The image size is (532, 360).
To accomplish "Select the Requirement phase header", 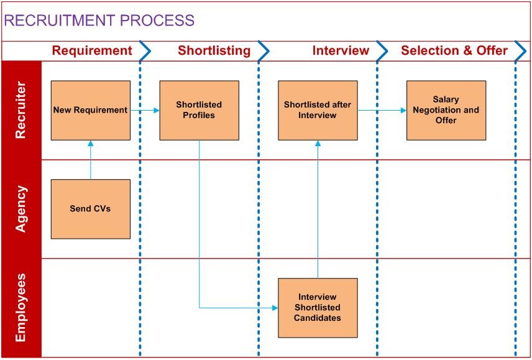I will [92, 51].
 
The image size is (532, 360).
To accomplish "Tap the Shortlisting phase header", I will [214, 51].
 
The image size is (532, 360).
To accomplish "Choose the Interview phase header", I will [341, 51].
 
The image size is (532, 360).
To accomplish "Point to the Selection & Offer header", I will [454, 51].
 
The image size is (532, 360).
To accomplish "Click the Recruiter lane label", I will [21, 110].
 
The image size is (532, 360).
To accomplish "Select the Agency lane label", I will [21, 209].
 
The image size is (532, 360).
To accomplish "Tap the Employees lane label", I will [21, 307].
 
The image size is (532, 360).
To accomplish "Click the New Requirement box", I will [90, 110].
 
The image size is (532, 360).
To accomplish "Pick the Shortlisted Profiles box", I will [199, 110].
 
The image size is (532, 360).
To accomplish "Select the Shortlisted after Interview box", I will [318, 110].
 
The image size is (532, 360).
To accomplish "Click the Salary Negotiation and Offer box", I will [446, 110].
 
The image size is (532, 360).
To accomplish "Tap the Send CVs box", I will [90, 209].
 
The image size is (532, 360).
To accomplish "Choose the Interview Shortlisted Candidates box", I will [318, 307].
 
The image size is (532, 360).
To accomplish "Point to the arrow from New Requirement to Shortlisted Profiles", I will [145, 111].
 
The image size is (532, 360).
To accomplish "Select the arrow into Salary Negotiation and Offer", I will [382, 111].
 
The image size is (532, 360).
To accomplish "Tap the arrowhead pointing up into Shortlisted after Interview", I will [318, 144].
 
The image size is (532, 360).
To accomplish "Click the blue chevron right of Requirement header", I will [145, 51].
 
